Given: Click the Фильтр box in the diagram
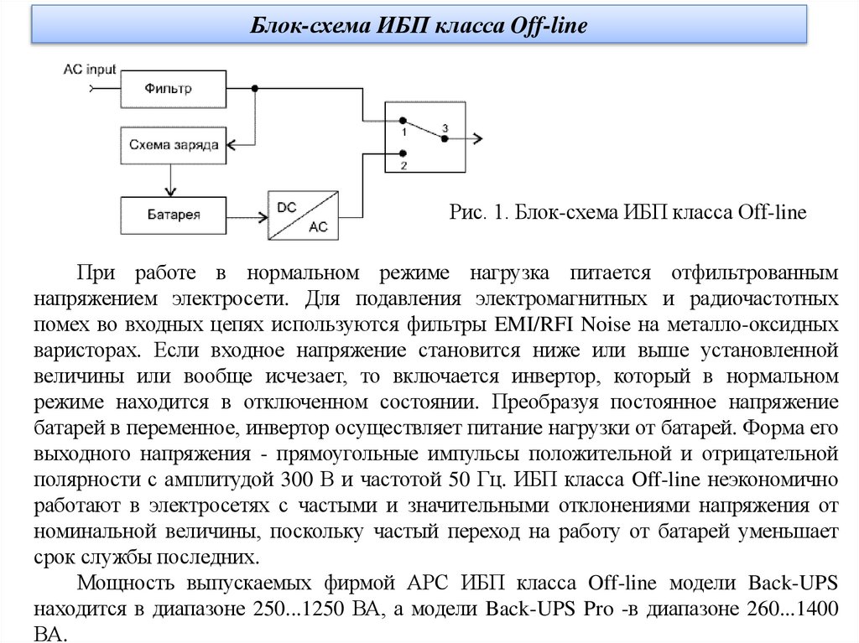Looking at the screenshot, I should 173,88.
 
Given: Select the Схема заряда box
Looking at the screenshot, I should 173,144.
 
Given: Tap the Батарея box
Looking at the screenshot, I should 173,214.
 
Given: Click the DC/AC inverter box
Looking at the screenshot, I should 303,215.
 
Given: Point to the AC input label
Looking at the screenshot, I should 90,70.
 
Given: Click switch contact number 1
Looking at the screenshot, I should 403,122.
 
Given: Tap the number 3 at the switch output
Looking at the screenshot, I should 445,127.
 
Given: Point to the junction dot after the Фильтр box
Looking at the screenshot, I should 254,88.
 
